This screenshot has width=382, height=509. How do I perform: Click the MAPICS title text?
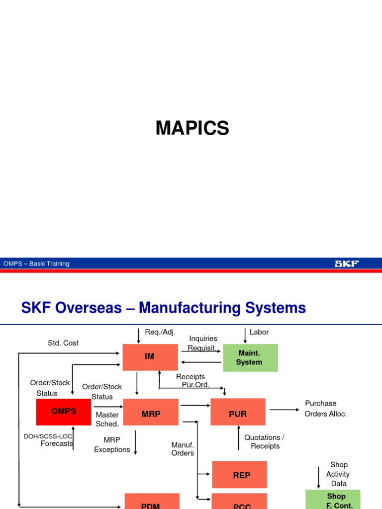[192, 129]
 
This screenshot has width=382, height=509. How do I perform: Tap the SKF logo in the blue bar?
[347, 263]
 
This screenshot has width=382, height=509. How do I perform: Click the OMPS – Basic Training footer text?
[36, 263]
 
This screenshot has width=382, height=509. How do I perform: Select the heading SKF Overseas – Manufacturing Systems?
[163, 308]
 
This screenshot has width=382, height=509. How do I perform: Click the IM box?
[150, 357]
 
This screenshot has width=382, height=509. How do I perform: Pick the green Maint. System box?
[250, 357]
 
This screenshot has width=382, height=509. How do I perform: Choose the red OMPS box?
[64, 412]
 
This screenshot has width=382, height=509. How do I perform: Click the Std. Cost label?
[63, 343]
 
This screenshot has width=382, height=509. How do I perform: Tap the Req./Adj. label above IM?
[160, 332]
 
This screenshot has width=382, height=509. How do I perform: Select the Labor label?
[259, 332]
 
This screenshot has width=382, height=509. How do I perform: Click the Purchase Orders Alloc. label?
[325, 409]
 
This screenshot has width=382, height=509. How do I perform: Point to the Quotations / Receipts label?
[265, 441]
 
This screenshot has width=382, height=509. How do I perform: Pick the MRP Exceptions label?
[112, 445]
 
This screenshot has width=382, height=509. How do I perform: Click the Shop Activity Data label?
[339, 474]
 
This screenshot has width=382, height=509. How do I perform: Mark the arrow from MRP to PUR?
[194, 406]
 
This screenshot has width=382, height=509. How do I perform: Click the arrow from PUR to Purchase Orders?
[284, 410]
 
